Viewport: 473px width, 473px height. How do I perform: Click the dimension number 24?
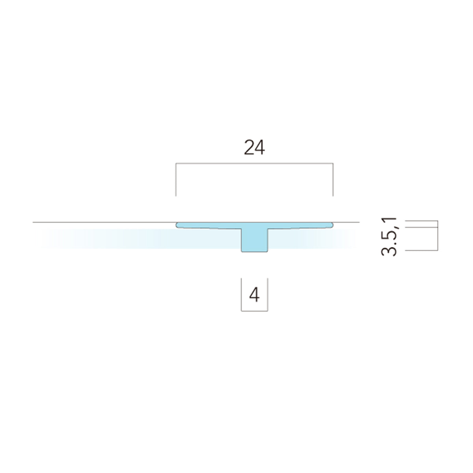(x=254, y=147)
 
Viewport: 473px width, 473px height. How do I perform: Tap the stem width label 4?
(x=254, y=295)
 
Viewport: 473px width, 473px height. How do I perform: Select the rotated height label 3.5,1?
(x=389, y=237)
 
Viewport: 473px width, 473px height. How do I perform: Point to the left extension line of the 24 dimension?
(x=176, y=180)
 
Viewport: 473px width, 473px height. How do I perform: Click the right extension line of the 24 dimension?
(x=333, y=180)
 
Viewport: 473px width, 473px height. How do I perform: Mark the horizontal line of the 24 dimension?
(x=254, y=163)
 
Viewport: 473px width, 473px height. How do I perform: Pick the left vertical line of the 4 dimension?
(x=241, y=294)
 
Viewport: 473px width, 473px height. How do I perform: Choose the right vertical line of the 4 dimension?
(x=268, y=294)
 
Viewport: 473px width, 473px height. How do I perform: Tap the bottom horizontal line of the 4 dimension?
(x=254, y=311)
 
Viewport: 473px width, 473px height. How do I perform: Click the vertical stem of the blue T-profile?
(x=254, y=240)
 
